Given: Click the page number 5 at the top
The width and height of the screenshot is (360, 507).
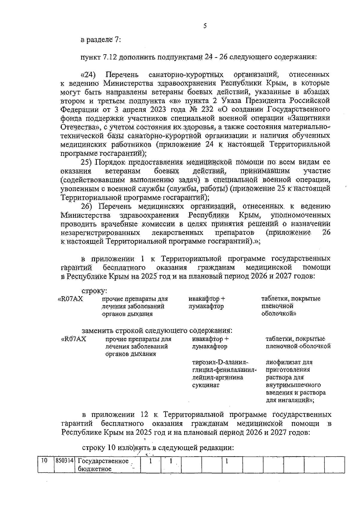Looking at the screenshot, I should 205,26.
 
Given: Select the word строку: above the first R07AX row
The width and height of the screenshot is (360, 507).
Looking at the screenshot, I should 94,291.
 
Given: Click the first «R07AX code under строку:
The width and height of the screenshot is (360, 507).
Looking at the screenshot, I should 70,299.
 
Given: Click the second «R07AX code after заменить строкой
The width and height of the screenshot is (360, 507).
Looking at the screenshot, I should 73,339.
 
